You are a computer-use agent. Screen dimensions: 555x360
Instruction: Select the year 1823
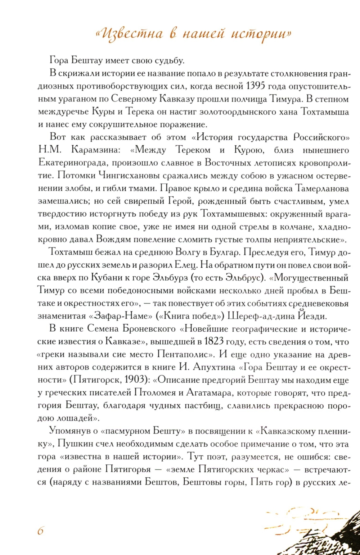click(x=214, y=341)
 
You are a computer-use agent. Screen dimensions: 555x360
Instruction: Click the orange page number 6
click(x=41, y=531)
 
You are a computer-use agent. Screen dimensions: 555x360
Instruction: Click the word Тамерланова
click(x=323, y=188)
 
